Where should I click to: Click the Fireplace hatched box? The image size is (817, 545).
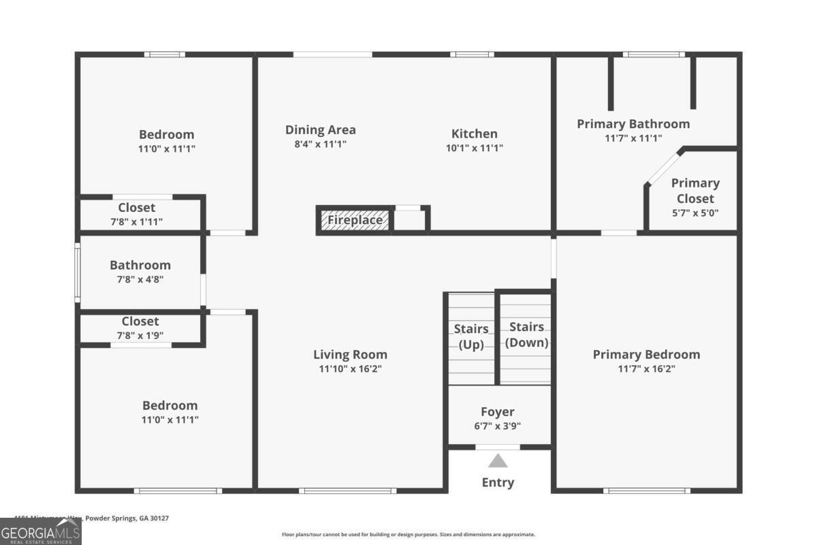pyautogui.click(x=355, y=220)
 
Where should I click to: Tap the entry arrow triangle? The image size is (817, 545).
pyautogui.click(x=498, y=461)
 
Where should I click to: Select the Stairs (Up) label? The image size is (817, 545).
pyautogui.click(x=471, y=337)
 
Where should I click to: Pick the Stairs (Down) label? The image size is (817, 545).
pyautogui.click(x=526, y=334)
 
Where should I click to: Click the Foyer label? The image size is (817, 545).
pyautogui.click(x=498, y=411)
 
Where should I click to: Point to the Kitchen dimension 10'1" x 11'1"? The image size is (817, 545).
pyautogui.click(x=475, y=148)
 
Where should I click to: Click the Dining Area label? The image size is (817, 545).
pyautogui.click(x=320, y=129)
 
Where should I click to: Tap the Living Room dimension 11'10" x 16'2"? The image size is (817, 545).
pyautogui.click(x=350, y=369)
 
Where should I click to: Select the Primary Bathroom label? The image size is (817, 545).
pyautogui.click(x=633, y=123)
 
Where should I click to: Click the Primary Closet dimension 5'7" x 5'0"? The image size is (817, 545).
pyautogui.click(x=695, y=213)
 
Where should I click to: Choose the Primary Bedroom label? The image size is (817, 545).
pyautogui.click(x=646, y=354)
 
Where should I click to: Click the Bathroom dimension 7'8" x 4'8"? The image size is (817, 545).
pyautogui.click(x=140, y=279)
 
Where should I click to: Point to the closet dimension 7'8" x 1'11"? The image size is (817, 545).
pyautogui.click(x=137, y=221)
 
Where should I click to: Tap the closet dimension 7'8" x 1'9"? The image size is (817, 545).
pyautogui.click(x=140, y=334)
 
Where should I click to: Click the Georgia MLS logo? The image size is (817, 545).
pyautogui.click(x=41, y=531)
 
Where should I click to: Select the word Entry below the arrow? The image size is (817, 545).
pyautogui.click(x=498, y=482)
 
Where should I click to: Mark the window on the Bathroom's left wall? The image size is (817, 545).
pyautogui.click(x=77, y=272)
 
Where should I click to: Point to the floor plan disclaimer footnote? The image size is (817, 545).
pyautogui.click(x=408, y=535)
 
